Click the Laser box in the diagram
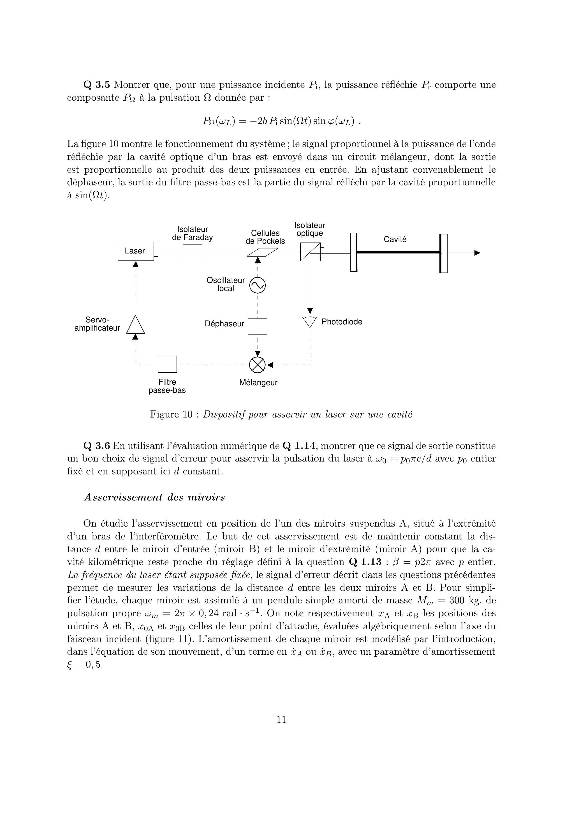135,251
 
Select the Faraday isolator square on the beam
193,253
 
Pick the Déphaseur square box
258,326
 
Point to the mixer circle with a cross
258,365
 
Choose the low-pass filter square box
167,364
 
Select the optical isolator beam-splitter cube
310,252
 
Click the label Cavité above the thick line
395,239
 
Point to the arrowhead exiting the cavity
477,253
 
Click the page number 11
281,719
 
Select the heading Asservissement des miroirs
154,497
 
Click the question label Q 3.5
97,85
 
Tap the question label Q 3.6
97,446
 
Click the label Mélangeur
258,383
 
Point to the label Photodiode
342,322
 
